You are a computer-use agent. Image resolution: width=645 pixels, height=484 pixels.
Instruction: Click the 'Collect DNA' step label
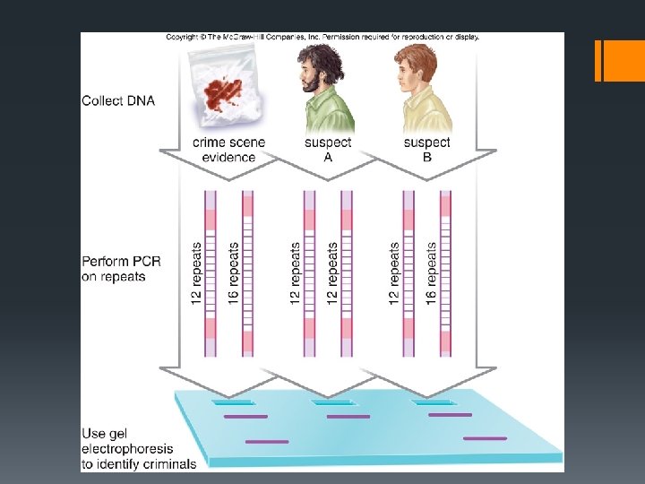(x=118, y=100)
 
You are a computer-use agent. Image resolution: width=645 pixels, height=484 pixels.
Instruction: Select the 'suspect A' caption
(x=328, y=150)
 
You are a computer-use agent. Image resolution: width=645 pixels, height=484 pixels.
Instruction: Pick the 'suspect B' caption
(x=427, y=150)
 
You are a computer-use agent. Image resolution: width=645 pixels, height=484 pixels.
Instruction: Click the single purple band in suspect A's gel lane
(x=348, y=417)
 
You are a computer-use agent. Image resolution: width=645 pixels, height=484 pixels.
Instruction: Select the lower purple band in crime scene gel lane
(x=267, y=441)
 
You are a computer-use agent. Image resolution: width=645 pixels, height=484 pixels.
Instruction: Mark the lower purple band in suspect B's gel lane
(x=485, y=438)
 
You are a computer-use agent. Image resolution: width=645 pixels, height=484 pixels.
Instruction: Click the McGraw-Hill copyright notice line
(x=322, y=38)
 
